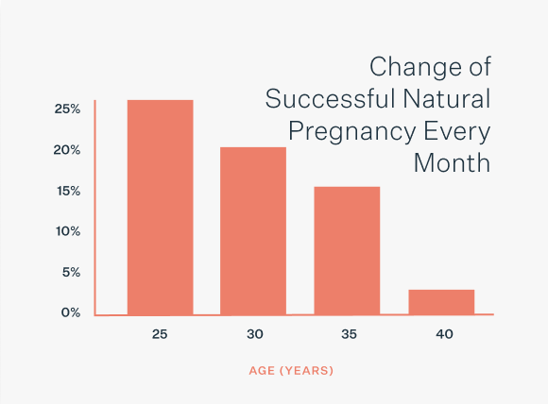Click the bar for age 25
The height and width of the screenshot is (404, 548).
(160, 208)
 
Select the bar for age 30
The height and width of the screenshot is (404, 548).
(253, 231)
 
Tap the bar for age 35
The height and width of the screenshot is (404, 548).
(347, 251)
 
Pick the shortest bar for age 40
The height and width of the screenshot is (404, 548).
(441, 302)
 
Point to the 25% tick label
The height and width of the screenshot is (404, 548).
(67, 109)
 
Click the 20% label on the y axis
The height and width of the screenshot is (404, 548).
(67, 150)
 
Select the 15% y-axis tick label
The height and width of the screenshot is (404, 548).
(68, 191)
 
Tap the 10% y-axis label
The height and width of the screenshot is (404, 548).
(68, 231)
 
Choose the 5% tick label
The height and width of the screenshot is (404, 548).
(71, 272)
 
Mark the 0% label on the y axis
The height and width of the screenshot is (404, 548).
(71, 312)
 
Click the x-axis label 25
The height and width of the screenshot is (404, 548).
(160, 334)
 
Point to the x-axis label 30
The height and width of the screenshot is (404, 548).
(255, 334)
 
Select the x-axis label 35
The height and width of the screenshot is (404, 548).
(349, 334)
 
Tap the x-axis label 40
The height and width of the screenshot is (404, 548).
(444, 334)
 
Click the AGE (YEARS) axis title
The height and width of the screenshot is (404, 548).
(291, 370)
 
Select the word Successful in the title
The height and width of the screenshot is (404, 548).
(330, 99)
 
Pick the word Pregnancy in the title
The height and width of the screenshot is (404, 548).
(351, 132)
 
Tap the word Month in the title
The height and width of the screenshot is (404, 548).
(452, 163)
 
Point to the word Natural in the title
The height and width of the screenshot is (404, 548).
(447, 99)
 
